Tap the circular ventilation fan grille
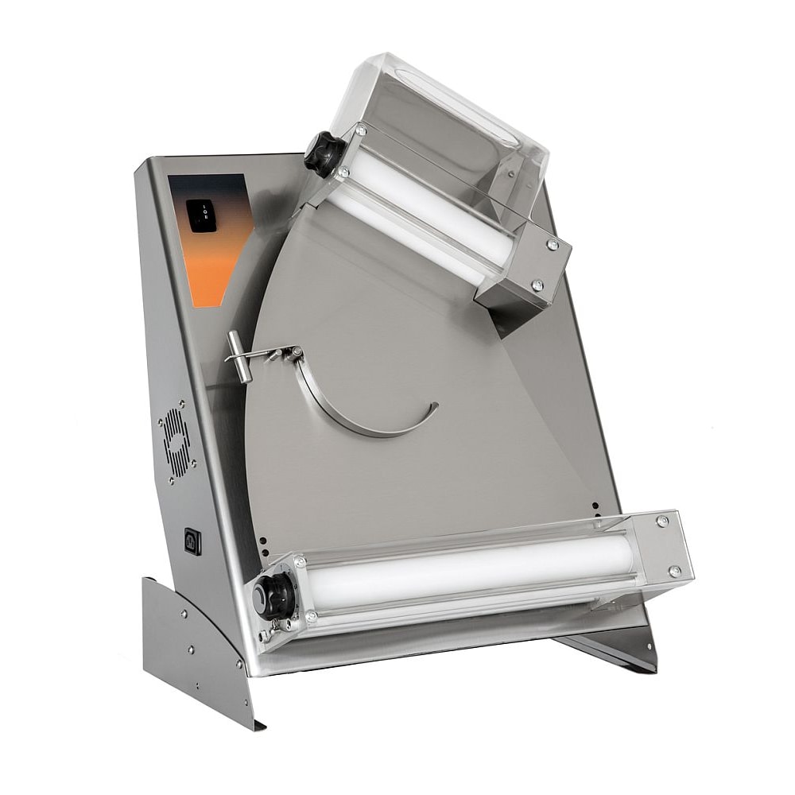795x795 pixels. click(176, 442)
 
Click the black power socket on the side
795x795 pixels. click(192, 541)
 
